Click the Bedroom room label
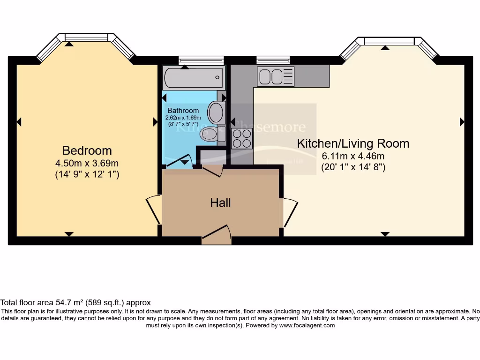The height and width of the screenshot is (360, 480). tap(87, 150)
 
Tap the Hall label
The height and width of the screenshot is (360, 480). tap(220, 203)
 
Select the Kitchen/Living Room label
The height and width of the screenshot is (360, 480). tap(353, 143)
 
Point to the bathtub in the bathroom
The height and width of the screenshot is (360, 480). tap(193, 78)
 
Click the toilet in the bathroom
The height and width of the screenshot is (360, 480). tap(210, 134)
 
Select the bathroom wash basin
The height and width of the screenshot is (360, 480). tap(216, 112)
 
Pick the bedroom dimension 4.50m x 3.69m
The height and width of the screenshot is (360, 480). tap(87, 164)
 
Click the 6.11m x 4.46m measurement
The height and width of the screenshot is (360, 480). tap(353, 157)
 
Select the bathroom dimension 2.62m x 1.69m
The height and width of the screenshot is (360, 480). tap(183, 118)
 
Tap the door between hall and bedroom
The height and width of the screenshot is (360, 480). tap(154, 210)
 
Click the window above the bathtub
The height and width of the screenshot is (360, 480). tap(201, 60)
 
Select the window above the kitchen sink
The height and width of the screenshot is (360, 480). tap(273, 60)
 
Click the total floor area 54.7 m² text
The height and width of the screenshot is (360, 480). tap(75, 303)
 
